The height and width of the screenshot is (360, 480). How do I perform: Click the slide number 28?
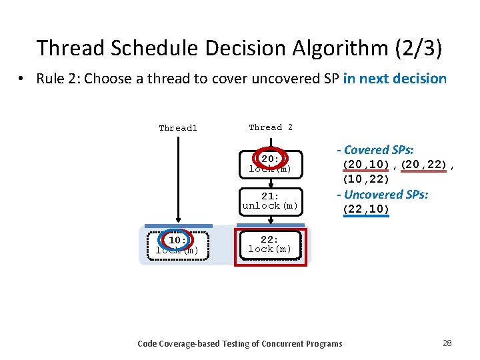click(x=447, y=343)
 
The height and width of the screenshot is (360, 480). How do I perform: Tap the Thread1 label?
click(x=178, y=128)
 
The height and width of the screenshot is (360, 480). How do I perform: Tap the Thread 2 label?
click(x=271, y=127)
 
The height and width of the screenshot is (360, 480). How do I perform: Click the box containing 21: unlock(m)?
click(x=270, y=201)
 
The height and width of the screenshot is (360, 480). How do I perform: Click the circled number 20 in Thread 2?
click(x=270, y=159)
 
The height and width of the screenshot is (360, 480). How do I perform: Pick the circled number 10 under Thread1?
click(x=177, y=240)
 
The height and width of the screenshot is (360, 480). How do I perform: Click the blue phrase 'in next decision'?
click(x=395, y=79)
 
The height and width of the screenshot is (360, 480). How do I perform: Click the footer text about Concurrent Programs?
click(x=239, y=343)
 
